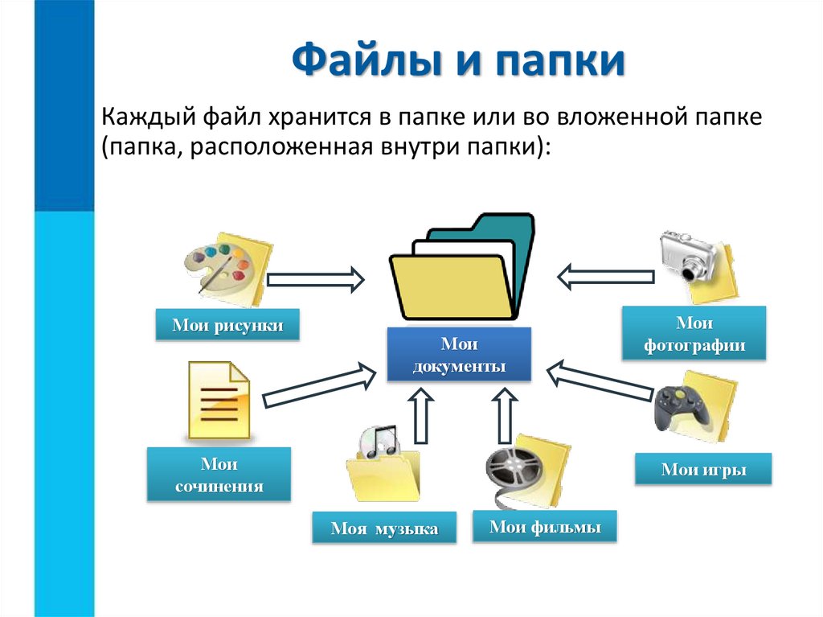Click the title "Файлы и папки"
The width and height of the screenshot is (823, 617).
point(457,63)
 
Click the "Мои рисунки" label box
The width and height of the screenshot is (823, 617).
point(227,325)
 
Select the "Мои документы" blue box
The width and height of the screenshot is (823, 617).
point(459,355)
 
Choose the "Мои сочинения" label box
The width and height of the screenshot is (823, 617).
point(219,475)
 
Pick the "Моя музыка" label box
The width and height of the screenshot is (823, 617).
point(384,529)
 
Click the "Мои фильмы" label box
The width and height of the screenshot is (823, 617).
point(545,528)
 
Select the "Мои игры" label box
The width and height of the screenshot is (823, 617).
point(703,470)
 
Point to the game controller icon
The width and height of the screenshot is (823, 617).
point(682,410)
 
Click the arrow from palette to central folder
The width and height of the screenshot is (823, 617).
point(314,279)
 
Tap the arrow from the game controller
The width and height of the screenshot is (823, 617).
point(599,380)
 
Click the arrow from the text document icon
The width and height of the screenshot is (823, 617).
point(319,386)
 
